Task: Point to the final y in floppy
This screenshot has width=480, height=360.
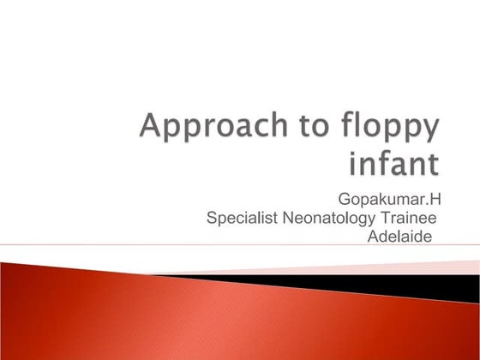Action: (429, 134)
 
